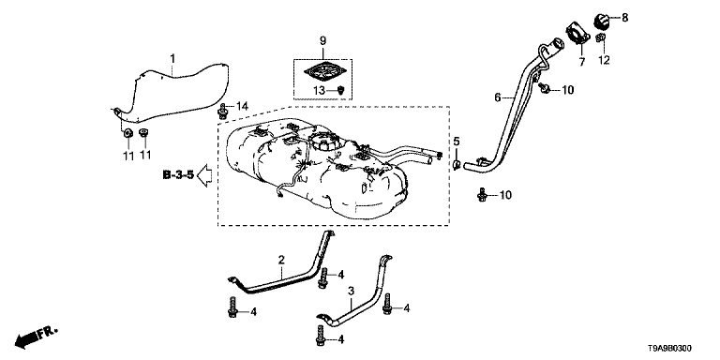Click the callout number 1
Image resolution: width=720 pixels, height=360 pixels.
172,59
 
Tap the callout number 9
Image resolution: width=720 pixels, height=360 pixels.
322,40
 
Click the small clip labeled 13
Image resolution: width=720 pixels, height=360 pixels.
340,90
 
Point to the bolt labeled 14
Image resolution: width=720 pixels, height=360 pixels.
223,112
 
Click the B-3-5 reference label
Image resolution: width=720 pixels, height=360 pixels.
179,175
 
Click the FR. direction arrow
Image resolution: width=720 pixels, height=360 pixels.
37,337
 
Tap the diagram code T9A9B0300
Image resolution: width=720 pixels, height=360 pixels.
668,349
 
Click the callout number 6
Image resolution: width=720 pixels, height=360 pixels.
497,97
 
